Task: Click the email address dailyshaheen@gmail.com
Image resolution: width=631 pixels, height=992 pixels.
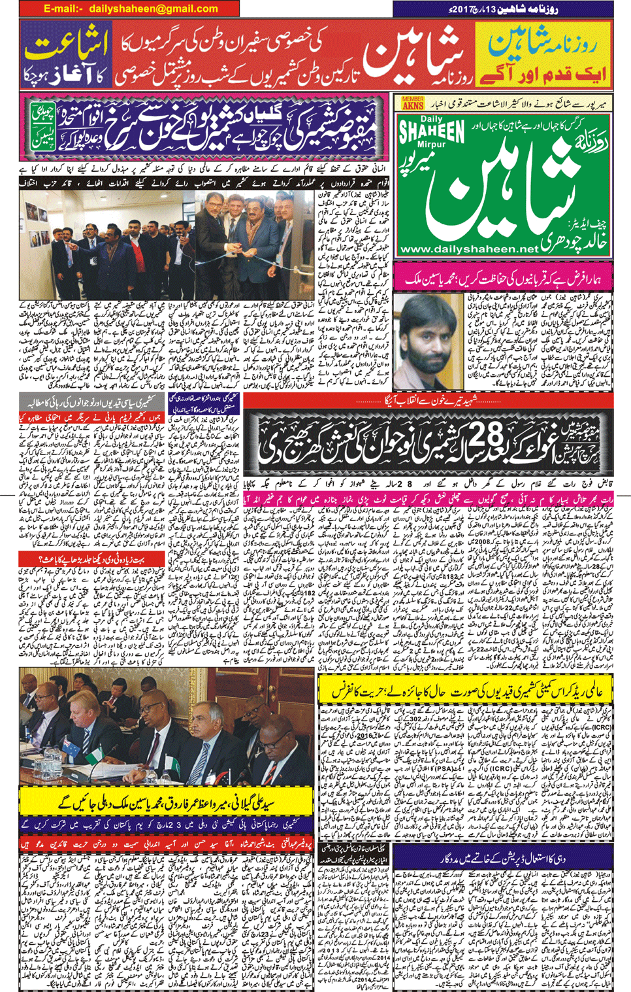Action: tap(130, 9)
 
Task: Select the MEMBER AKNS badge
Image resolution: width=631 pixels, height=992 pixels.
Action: tap(412, 103)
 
